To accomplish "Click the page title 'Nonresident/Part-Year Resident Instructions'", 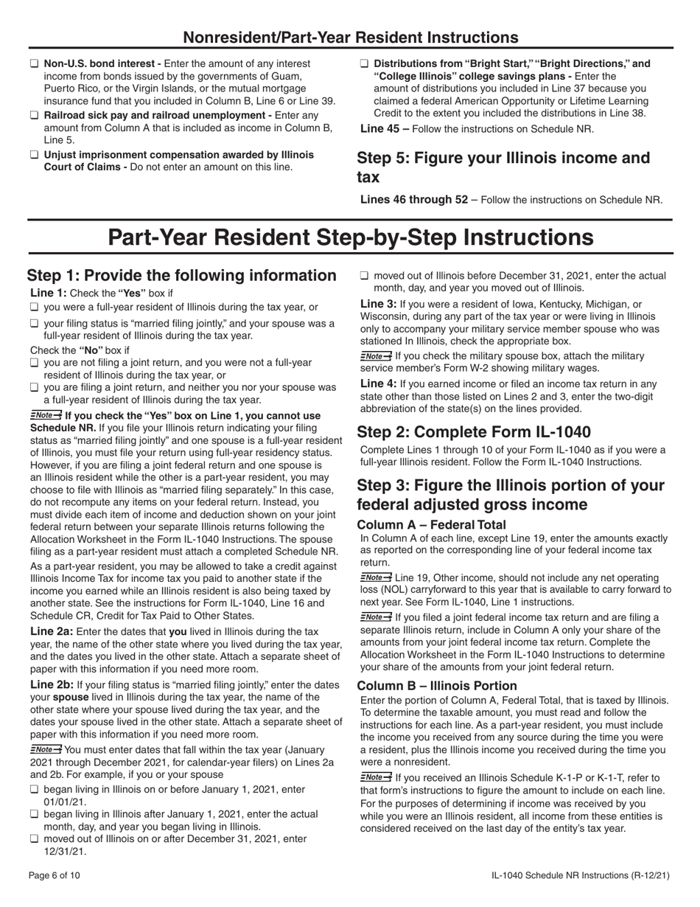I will pos(350,37).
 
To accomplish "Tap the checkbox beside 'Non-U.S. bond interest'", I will pos(34,64).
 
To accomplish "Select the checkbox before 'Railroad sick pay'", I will pos(34,116).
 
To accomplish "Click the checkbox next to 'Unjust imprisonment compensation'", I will pos(34,155).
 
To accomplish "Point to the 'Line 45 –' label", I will pos(382,128).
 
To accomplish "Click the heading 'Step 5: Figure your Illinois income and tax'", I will pos(503,167).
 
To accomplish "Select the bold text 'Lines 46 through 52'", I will pos(413,199).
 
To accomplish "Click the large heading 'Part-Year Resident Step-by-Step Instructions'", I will pos(350,237).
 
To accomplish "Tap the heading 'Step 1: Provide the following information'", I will pos(181,275).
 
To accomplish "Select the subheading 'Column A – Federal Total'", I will pos(431,524).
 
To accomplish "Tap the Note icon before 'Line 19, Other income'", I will pos(376,577).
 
